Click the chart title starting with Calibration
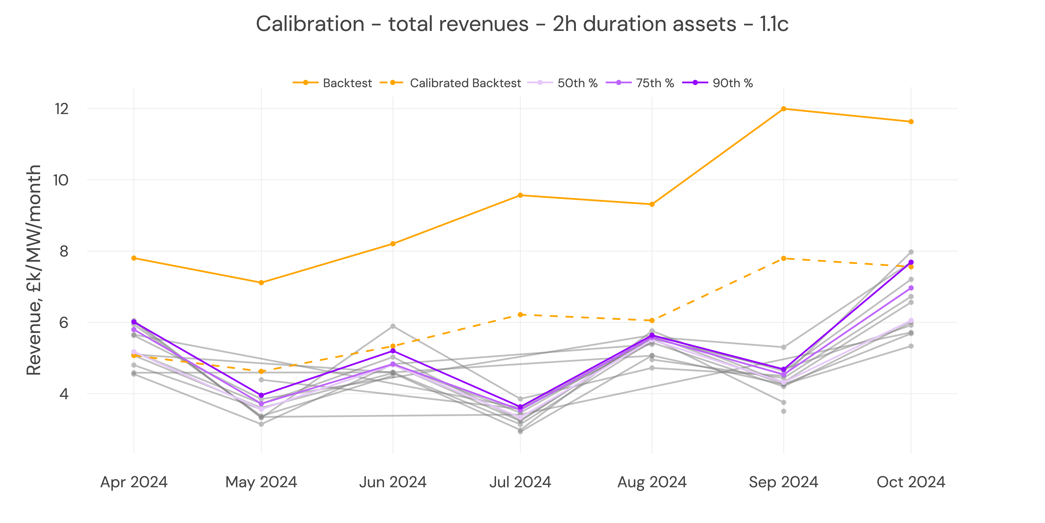[522, 24]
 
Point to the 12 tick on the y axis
[62, 109]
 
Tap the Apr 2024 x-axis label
[134, 482]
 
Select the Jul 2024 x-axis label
[520, 482]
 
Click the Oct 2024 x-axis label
[911, 482]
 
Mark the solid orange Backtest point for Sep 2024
[783, 109]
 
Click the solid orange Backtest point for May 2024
[261, 283]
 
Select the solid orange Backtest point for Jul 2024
[520, 195]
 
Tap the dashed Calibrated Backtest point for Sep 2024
[783, 258]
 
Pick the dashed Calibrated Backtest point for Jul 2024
[520, 314]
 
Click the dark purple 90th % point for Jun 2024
[393, 351]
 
